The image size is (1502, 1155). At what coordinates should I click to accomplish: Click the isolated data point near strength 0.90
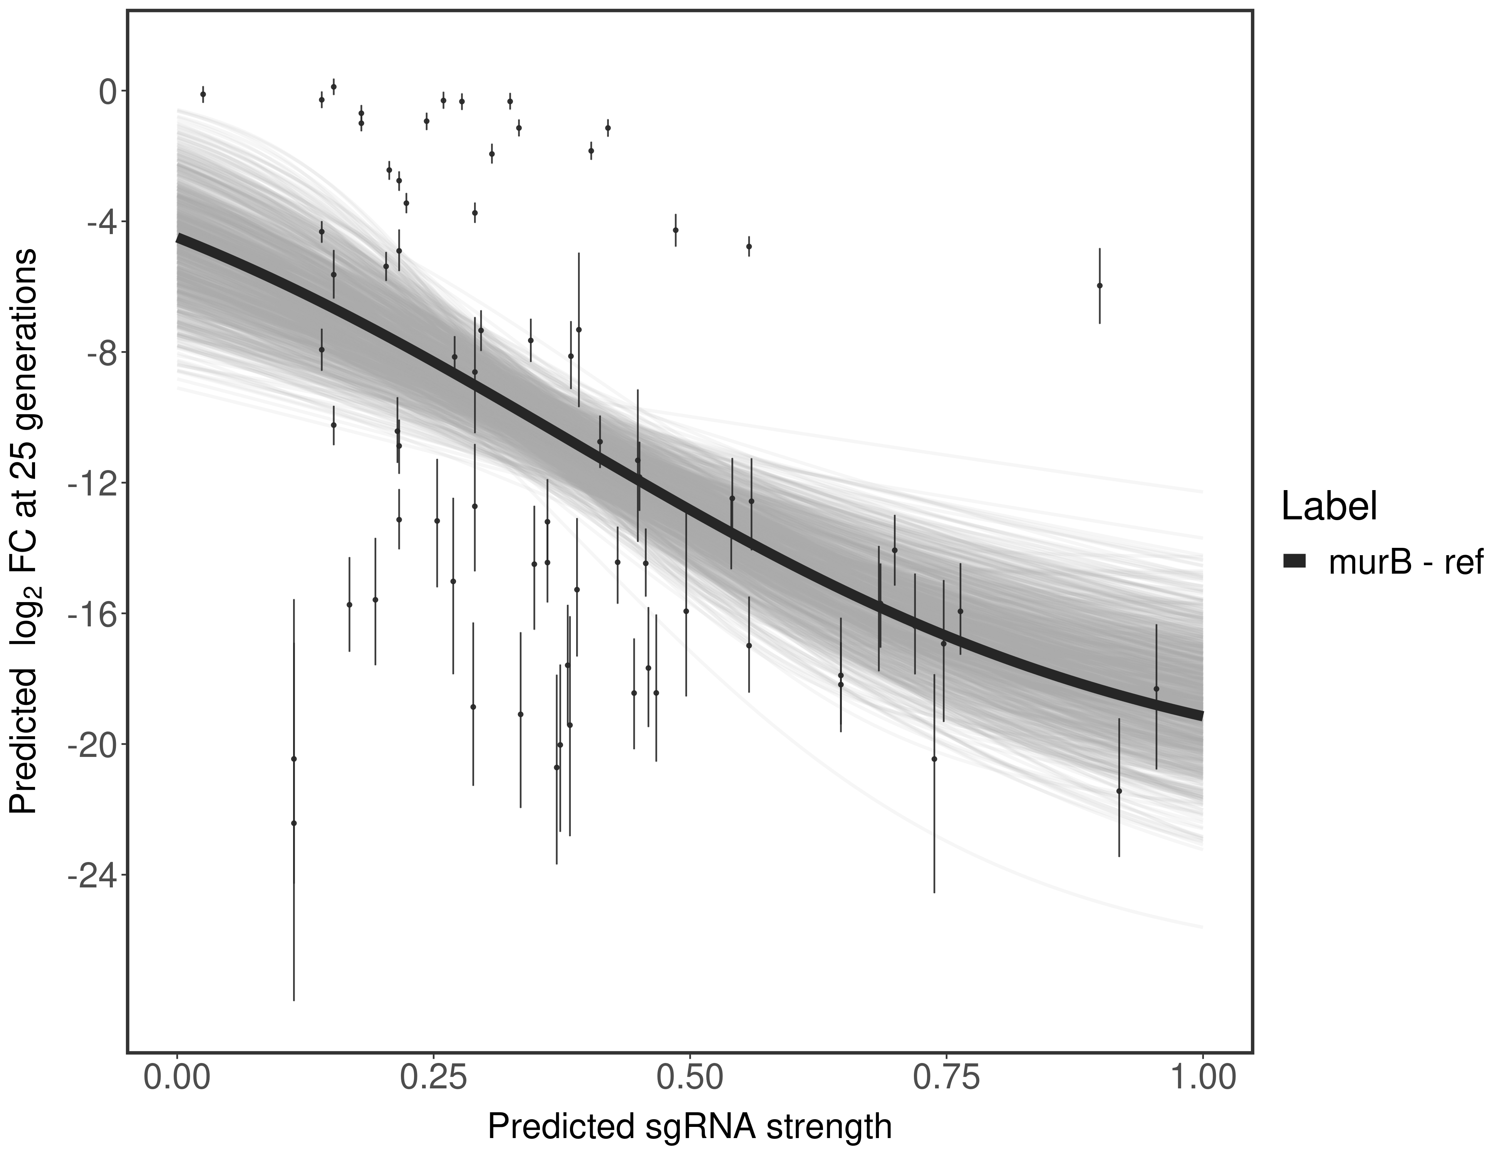pyautogui.click(x=1100, y=285)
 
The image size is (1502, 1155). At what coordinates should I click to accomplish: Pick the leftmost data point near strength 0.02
pyautogui.click(x=203, y=94)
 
